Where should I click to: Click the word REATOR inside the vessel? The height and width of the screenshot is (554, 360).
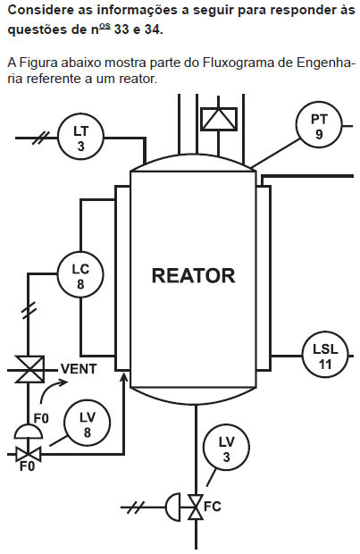click(193, 276)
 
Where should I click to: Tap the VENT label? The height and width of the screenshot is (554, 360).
click(79, 369)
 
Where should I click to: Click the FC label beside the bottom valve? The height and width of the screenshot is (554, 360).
click(213, 507)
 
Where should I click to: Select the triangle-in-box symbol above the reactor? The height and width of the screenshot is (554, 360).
click(219, 119)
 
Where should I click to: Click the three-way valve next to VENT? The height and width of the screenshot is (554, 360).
click(29, 370)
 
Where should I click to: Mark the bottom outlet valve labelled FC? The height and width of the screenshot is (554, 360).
click(196, 507)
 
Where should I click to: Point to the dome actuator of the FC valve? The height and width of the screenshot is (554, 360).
click(172, 507)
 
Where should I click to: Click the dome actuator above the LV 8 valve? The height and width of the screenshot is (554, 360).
click(29, 431)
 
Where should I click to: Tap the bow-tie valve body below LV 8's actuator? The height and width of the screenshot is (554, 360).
click(29, 454)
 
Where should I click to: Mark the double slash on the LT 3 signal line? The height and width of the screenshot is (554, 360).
click(41, 138)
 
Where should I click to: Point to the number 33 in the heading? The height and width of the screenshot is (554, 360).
click(121, 29)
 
